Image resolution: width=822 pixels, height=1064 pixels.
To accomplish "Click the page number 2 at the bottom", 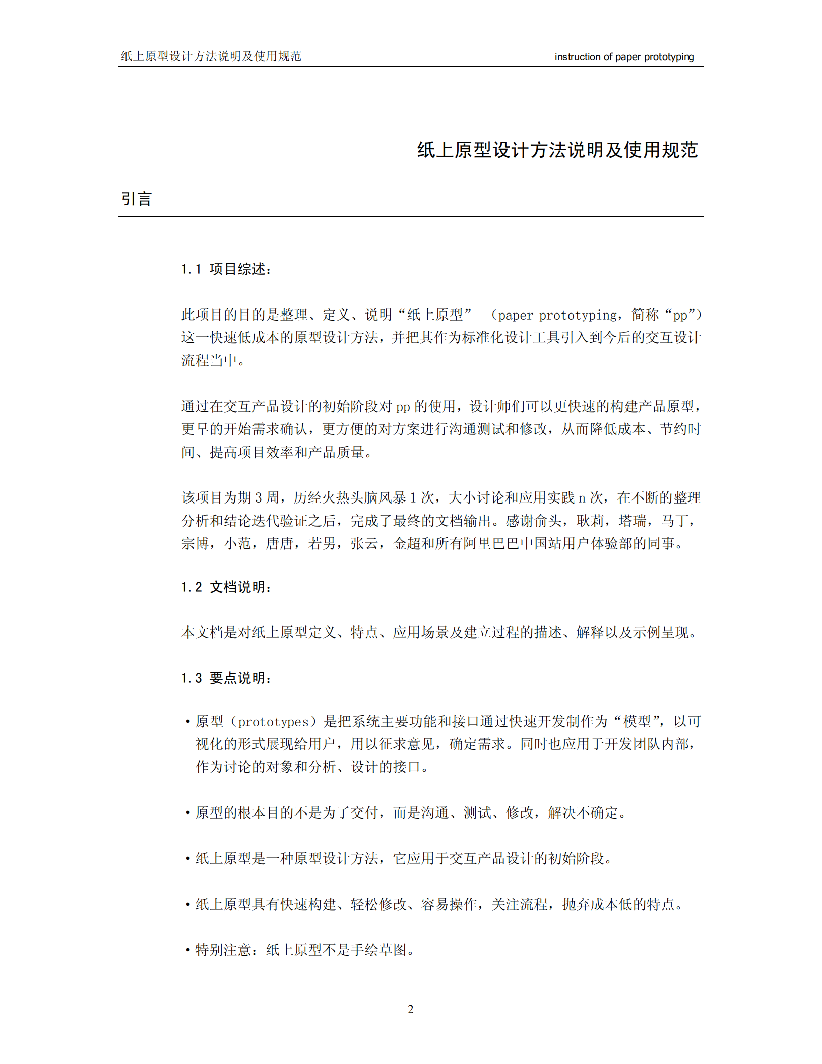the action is pyautogui.click(x=410, y=1009).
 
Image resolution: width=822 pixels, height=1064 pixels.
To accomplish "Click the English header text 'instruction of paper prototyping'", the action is pyautogui.click(x=624, y=57).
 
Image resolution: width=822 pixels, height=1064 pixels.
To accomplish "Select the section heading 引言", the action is pyautogui.click(x=137, y=199).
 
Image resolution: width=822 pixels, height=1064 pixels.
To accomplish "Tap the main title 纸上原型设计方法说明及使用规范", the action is pyautogui.click(x=557, y=150).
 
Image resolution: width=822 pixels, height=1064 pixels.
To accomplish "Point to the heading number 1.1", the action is pyautogui.click(x=191, y=269).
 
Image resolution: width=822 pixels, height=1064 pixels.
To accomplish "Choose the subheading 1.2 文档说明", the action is pyautogui.click(x=227, y=587).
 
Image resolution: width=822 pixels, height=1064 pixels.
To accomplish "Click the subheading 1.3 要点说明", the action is pyautogui.click(x=227, y=678).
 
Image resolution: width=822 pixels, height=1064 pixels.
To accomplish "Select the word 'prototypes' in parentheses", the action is pyautogui.click(x=273, y=722).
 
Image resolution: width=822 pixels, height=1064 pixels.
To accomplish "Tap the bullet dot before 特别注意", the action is pyautogui.click(x=187, y=951).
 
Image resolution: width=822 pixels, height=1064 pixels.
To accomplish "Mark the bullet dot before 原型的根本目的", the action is pyautogui.click(x=187, y=813).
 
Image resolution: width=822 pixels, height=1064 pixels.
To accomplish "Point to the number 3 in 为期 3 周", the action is pyautogui.click(x=258, y=498).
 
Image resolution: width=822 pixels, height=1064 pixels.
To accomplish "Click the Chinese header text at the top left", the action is pyautogui.click(x=211, y=56).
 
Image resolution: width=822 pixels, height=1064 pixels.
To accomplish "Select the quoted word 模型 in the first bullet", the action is pyautogui.click(x=637, y=722).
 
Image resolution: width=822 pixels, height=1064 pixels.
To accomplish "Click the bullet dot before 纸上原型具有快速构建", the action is pyautogui.click(x=187, y=905).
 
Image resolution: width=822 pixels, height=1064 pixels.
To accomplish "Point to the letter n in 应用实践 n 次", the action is pyautogui.click(x=582, y=498).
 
